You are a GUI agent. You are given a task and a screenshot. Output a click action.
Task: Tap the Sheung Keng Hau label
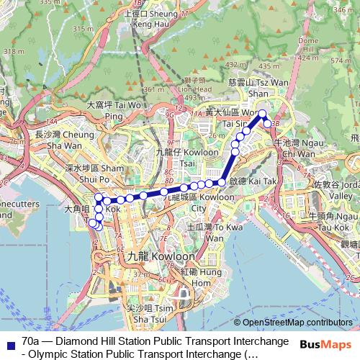click(153, 18)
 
